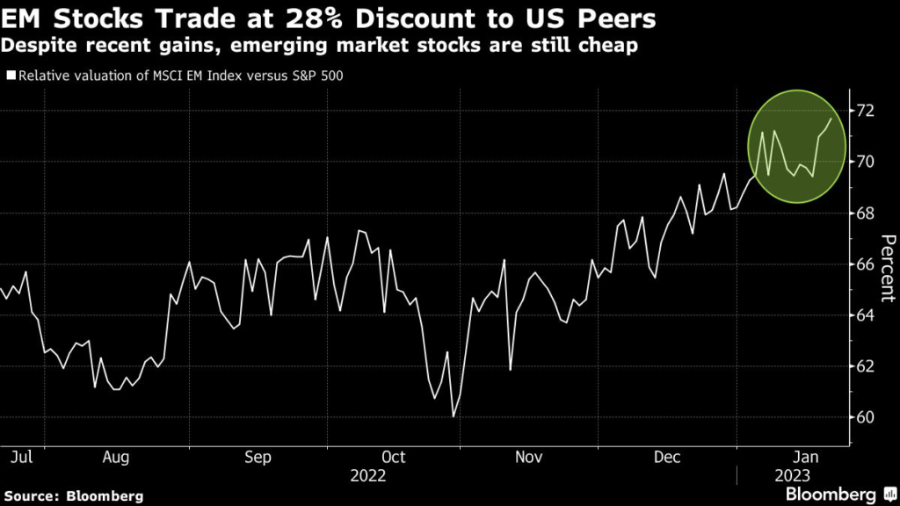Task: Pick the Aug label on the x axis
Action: (x=117, y=457)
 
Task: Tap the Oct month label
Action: (x=394, y=457)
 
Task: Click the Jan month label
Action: (x=808, y=457)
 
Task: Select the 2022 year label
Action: (x=368, y=476)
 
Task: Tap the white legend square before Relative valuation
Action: (x=11, y=76)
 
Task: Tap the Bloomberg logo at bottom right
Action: (x=830, y=493)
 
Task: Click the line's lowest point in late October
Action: (x=454, y=416)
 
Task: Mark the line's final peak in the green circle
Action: (x=831, y=119)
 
